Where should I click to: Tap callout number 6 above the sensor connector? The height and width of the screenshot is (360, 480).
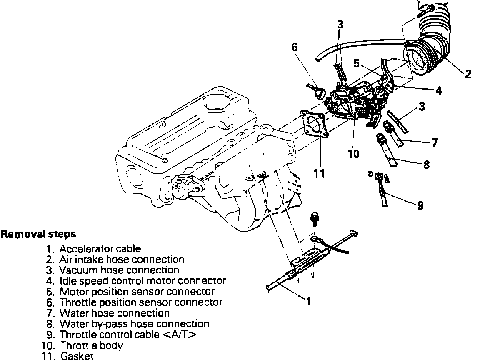point(295,48)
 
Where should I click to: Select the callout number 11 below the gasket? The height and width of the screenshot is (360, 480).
point(319,173)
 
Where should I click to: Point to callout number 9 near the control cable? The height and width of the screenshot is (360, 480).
point(420,206)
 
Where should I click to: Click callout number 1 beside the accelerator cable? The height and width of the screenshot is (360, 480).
point(308,301)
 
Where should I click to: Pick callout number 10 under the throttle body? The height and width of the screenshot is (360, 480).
point(353,154)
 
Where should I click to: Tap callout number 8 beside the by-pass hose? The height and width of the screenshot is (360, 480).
point(426,165)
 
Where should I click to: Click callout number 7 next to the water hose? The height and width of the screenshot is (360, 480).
point(435,143)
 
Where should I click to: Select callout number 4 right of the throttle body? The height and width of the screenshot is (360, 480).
point(438,91)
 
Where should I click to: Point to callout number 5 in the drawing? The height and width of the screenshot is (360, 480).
point(357,64)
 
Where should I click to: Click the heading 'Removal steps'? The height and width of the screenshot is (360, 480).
point(38,234)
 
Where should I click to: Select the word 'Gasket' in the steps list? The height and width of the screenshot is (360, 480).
point(77,356)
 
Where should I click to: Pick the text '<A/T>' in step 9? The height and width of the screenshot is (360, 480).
point(180,335)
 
